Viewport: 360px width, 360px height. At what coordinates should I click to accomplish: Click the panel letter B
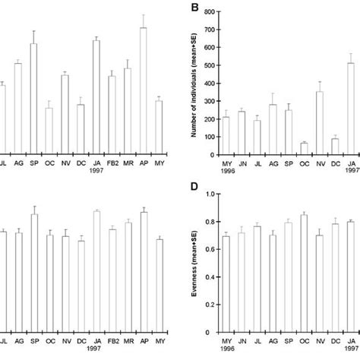coord(196,8)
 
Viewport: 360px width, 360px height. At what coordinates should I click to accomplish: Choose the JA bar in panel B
coord(351,109)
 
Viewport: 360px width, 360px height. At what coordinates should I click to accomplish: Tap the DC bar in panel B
coord(335,147)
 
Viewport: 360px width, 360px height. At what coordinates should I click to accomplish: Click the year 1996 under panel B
coord(226,172)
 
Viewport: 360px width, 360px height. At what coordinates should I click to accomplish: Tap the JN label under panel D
coord(242,342)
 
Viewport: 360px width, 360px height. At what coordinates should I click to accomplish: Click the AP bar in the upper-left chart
coord(143,91)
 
